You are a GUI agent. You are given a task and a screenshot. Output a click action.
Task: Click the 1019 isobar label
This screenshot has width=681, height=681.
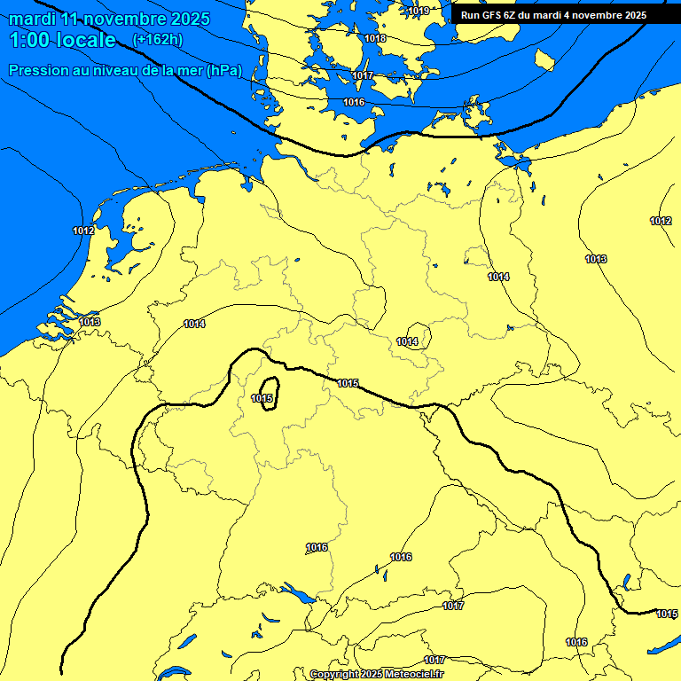tap(419, 11)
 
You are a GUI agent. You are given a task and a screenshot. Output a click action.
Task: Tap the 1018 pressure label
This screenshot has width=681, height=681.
tap(375, 38)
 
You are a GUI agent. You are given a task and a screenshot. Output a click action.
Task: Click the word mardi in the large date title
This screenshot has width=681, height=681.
tap(33, 19)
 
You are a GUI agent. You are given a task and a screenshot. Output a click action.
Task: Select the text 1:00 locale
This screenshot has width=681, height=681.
tap(62, 40)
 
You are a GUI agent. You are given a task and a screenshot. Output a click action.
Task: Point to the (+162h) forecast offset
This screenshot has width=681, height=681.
tap(157, 40)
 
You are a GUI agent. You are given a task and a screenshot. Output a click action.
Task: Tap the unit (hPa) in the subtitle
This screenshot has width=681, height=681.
tap(224, 70)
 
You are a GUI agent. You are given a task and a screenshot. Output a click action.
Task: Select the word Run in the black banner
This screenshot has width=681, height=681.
tap(471, 15)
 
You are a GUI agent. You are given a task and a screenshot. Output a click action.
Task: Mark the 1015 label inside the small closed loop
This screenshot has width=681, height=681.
tap(262, 398)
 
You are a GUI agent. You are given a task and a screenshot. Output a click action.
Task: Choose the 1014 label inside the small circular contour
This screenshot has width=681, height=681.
tap(408, 341)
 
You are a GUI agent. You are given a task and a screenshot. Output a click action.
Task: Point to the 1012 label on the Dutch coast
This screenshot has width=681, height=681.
tap(84, 231)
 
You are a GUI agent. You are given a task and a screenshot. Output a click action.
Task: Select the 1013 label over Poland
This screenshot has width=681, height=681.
tap(596, 259)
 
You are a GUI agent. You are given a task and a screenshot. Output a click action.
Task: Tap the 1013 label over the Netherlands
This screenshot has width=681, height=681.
tap(90, 322)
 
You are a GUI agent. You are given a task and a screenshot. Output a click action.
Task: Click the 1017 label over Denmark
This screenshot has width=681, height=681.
tap(363, 75)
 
